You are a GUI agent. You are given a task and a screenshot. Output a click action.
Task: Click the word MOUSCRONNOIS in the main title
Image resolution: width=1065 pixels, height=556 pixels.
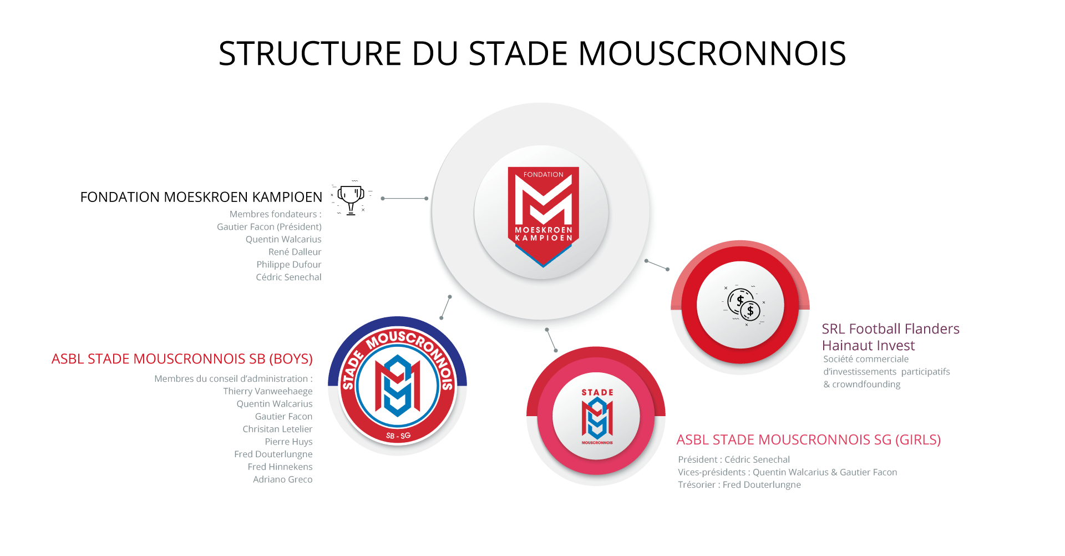[x=712, y=54]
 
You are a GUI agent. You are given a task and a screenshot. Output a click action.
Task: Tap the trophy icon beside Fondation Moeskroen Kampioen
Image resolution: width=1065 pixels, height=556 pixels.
[x=351, y=198]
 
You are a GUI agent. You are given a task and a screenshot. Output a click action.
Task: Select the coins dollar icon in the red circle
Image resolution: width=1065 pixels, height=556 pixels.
[x=744, y=305]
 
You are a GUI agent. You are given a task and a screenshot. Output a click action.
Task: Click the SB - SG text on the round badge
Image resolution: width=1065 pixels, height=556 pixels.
[x=398, y=436]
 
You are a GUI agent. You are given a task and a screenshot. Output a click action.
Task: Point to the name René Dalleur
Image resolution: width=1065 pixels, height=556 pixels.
[x=295, y=252]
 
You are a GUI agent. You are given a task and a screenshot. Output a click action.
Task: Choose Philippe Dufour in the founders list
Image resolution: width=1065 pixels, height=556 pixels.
[x=288, y=265]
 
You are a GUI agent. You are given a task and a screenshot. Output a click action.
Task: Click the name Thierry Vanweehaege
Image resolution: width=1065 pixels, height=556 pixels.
[x=268, y=391]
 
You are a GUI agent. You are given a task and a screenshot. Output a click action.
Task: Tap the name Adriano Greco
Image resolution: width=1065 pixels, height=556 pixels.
[x=282, y=479]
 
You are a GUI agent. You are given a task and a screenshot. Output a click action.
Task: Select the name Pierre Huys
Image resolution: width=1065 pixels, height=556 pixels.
[x=288, y=442]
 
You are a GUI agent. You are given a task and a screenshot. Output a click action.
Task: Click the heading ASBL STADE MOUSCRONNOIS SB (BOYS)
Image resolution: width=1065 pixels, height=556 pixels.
[x=182, y=359]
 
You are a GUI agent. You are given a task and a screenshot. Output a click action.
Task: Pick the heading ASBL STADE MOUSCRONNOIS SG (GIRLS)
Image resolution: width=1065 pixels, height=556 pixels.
[x=809, y=440]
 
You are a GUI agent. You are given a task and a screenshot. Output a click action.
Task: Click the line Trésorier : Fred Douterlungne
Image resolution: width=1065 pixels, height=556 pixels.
[x=739, y=485]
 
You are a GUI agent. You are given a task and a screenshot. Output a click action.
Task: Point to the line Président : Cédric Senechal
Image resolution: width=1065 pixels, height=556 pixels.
[x=734, y=459]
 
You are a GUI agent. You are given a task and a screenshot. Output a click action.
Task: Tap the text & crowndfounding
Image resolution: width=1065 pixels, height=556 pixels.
[x=862, y=385]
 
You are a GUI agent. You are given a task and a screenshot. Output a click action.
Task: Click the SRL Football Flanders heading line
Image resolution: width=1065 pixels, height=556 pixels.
[x=890, y=329]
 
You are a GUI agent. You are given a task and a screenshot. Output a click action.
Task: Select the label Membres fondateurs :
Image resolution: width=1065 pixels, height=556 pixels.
[x=276, y=214]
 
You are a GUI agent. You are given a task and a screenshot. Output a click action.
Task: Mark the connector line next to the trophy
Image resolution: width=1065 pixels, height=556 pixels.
[x=404, y=198]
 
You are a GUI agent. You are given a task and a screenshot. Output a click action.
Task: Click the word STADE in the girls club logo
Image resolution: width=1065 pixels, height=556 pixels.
[x=597, y=392]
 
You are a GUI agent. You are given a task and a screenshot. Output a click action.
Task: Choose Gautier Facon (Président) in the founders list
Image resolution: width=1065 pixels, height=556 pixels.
[x=269, y=227]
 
